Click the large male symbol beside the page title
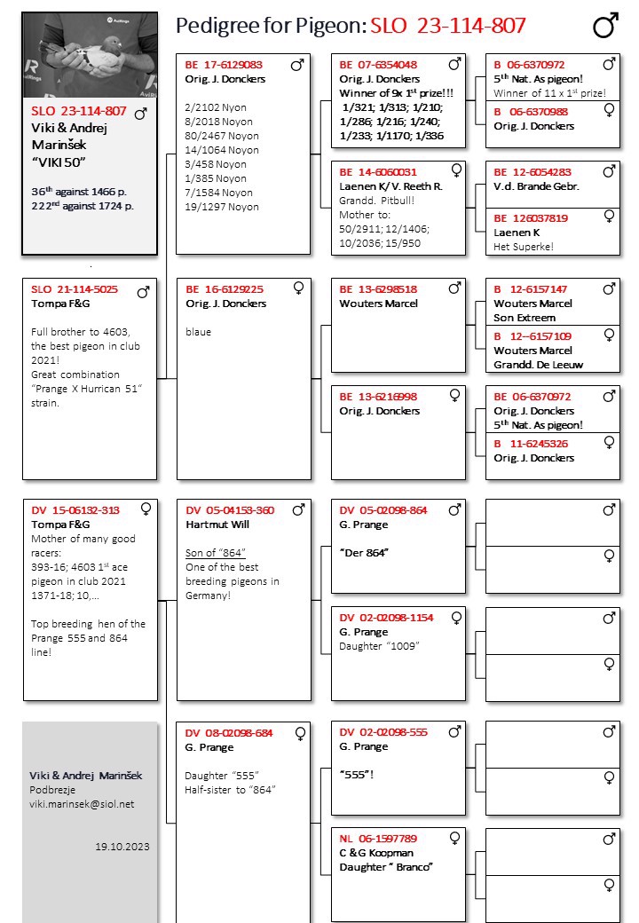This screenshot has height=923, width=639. pos(605,27)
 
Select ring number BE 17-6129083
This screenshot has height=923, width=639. pos(224,65)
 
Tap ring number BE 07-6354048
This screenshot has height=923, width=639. pos(378,65)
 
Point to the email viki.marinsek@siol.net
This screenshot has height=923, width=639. pos(82,804)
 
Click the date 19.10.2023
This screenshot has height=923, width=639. pos(122,847)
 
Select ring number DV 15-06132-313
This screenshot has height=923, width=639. pos(75,510)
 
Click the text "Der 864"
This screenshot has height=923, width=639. pos(365,553)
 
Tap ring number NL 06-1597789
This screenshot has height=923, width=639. pos(378,839)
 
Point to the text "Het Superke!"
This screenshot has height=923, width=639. pos(524,247)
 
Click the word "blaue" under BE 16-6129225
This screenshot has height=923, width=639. pos(199,332)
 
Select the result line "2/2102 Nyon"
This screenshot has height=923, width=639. pos(216,107)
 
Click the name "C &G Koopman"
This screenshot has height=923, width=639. pos(376,853)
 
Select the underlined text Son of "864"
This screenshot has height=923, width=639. pos(216,553)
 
